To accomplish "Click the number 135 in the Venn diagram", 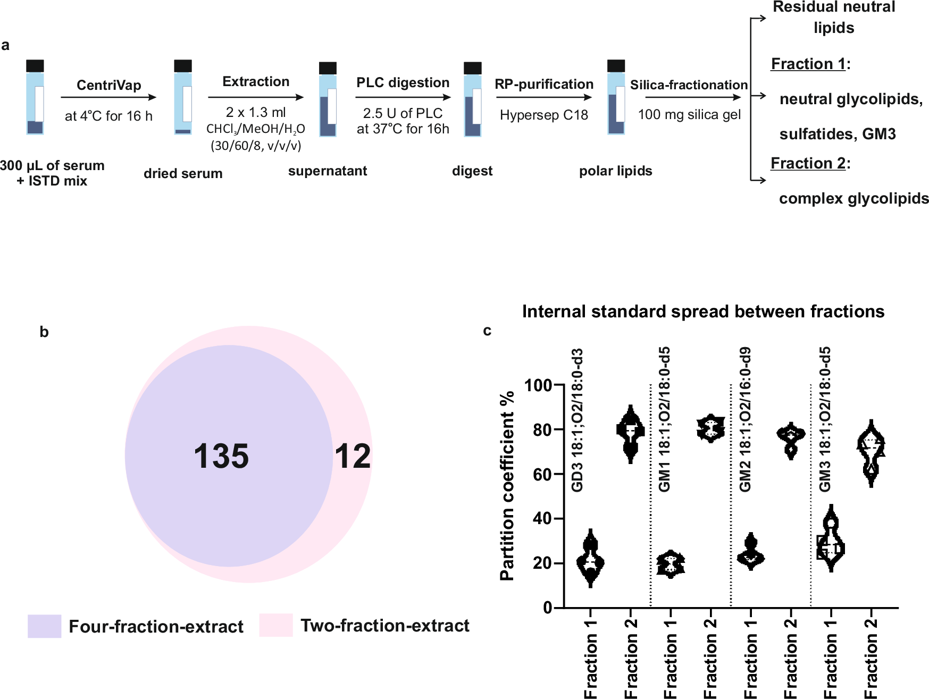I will [221, 456].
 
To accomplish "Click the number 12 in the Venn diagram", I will [352, 456].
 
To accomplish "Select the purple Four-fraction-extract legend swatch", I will [44, 626].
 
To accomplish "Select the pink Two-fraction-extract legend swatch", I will [276, 625].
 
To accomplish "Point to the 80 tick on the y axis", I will [542, 429].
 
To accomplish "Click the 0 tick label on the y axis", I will [547, 608].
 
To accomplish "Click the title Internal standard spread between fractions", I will [703, 311].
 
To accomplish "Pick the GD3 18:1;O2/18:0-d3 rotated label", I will [578, 420].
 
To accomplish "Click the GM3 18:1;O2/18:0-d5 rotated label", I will [825, 420].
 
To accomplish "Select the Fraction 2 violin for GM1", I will [710, 428].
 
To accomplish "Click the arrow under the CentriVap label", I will [108, 97].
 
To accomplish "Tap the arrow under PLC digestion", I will [403, 97].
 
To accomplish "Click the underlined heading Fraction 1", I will [808, 64].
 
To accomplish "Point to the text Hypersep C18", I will [543, 115].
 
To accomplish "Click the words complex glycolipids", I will [853, 198].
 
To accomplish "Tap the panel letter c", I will [487, 331].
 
